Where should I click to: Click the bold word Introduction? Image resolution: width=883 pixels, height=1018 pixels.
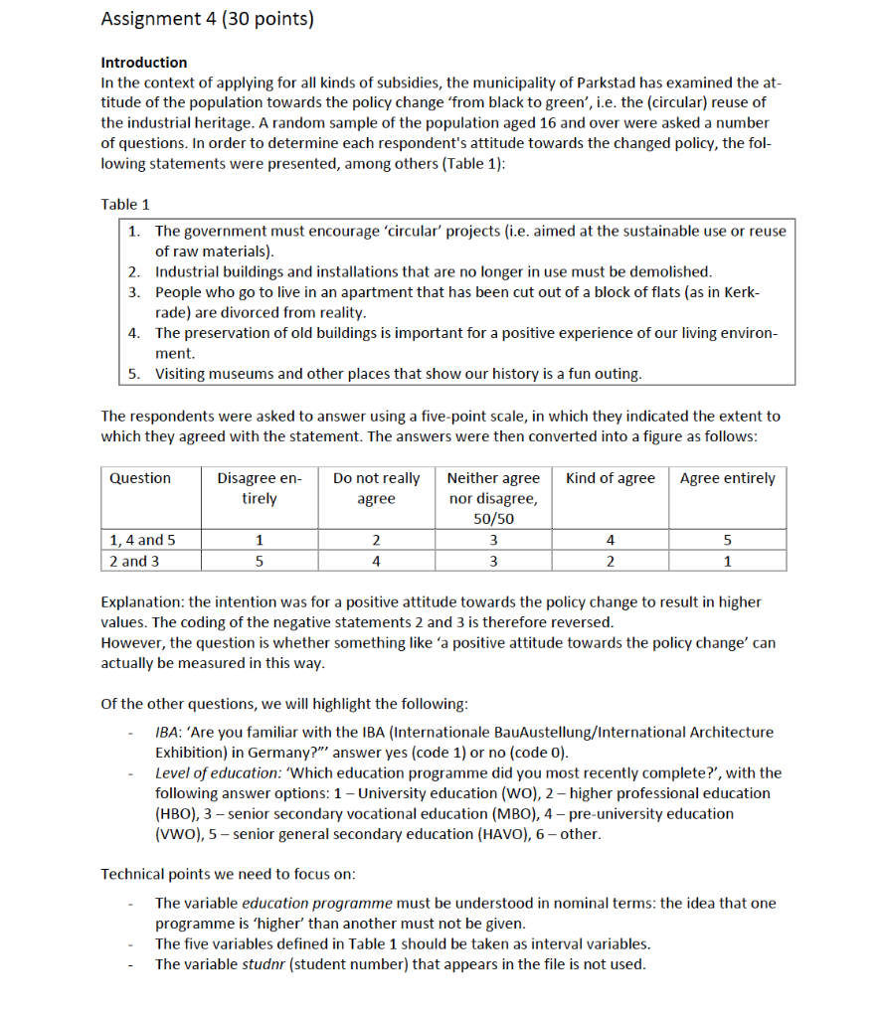click(144, 62)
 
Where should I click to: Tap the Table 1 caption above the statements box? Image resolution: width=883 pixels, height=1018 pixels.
click(125, 204)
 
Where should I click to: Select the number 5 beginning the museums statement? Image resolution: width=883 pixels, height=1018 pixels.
click(133, 374)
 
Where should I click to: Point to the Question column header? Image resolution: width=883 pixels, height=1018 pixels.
click(140, 478)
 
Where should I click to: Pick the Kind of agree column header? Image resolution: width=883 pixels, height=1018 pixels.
click(610, 478)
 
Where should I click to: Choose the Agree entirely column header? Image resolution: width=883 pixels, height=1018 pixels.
click(727, 478)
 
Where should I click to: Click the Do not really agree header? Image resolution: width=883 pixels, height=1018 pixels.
click(376, 488)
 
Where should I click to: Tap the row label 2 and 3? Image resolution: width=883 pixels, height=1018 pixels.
click(134, 561)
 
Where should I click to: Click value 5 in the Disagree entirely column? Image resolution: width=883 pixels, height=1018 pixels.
click(260, 561)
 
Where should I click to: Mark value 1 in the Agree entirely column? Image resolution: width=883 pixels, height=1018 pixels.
click(727, 561)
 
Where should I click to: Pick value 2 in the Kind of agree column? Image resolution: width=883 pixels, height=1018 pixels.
click(610, 561)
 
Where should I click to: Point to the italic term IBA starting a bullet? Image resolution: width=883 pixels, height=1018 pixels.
click(166, 732)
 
